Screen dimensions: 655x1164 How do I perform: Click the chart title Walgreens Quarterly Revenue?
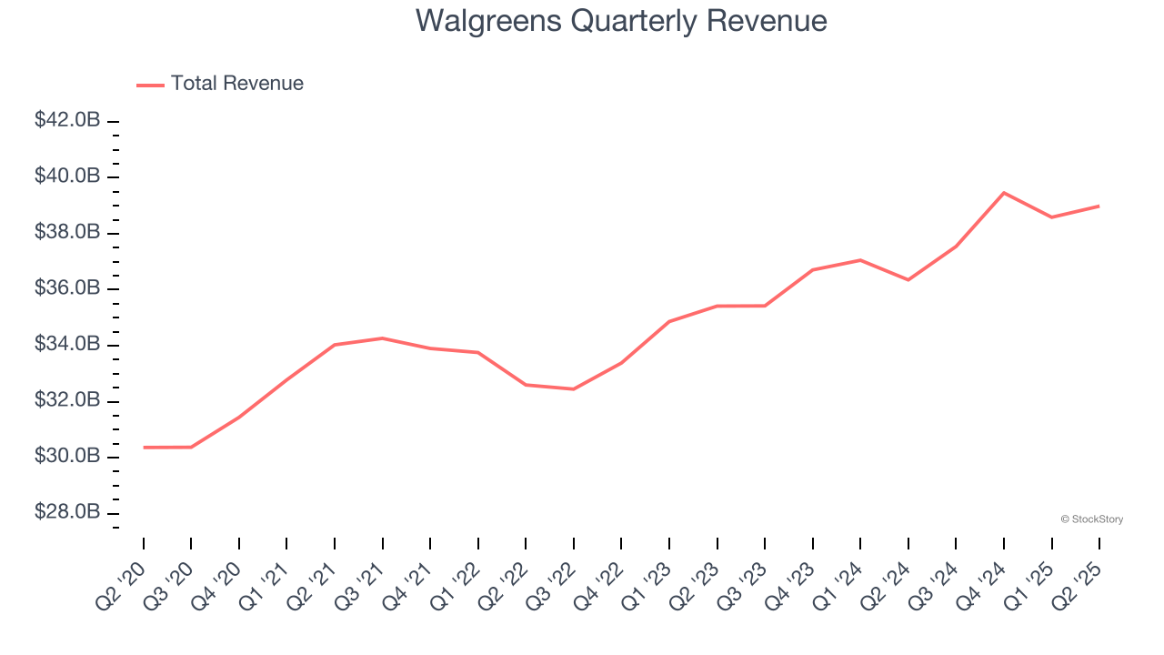pyautogui.click(x=621, y=21)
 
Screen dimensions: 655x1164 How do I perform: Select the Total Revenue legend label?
pyautogui.click(x=236, y=84)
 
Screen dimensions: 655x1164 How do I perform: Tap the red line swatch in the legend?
pyautogui.click(x=150, y=85)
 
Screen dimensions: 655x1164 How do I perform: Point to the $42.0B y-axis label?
pyautogui.click(x=67, y=120)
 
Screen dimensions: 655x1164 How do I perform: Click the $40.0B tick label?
pyautogui.click(x=67, y=176)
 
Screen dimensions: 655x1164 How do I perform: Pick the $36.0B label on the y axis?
pyautogui.click(x=67, y=288)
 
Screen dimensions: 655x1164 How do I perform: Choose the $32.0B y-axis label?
pyautogui.click(x=67, y=400)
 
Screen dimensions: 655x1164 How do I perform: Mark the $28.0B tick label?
pyautogui.click(x=67, y=512)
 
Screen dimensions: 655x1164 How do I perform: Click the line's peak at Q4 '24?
pyautogui.click(x=1004, y=193)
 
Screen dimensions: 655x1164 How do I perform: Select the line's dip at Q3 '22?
pyautogui.click(x=573, y=389)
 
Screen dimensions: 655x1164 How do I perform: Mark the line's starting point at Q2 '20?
pyautogui.click(x=144, y=448)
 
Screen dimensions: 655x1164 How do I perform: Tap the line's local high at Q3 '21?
pyautogui.click(x=382, y=338)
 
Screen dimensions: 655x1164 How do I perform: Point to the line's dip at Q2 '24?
pyautogui.click(x=908, y=279)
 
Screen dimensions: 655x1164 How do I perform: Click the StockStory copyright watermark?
pyautogui.click(x=1091, y=519)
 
